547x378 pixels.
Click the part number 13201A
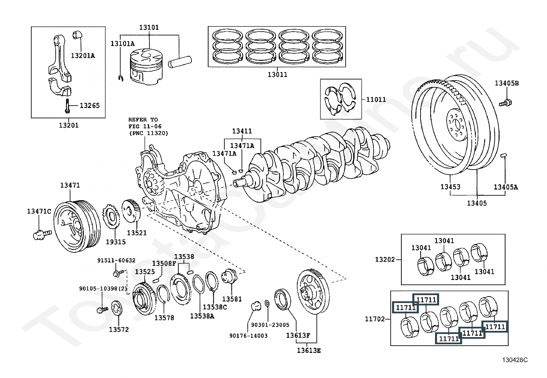coord(83,55)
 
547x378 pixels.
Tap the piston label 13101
coord(149,27)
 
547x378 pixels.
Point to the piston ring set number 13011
coord(277,74)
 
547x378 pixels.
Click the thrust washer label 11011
coord(376,100)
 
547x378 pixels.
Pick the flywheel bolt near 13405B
coord(505,102)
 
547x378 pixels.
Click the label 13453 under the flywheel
coord(450,187)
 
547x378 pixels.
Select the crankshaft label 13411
coord(242,131)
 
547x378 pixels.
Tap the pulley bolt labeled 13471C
coord(39,211)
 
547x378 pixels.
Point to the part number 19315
coord(115,242)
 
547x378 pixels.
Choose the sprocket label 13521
coord(137,233)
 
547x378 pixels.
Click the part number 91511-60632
coord(116,260)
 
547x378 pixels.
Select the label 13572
coord(119,330)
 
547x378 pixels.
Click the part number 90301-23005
coord(270,325)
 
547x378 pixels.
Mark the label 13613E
coord(309,350)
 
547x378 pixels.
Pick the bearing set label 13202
coord(385,259)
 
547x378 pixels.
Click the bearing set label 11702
coord(375,319)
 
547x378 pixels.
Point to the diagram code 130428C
coord(515,360)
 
